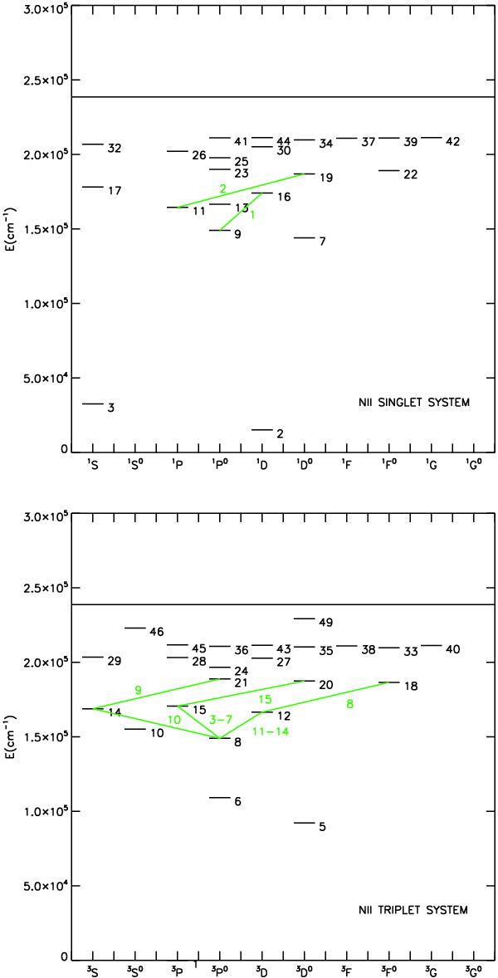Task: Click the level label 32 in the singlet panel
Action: (114, 149)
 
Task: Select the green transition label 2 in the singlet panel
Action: (222, 188)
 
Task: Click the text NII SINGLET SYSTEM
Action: (409, 403)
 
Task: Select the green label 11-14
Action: (271, 731)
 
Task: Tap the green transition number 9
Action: (139, 690)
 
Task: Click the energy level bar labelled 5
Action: (304, 823)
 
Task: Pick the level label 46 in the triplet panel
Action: (156, 632)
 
